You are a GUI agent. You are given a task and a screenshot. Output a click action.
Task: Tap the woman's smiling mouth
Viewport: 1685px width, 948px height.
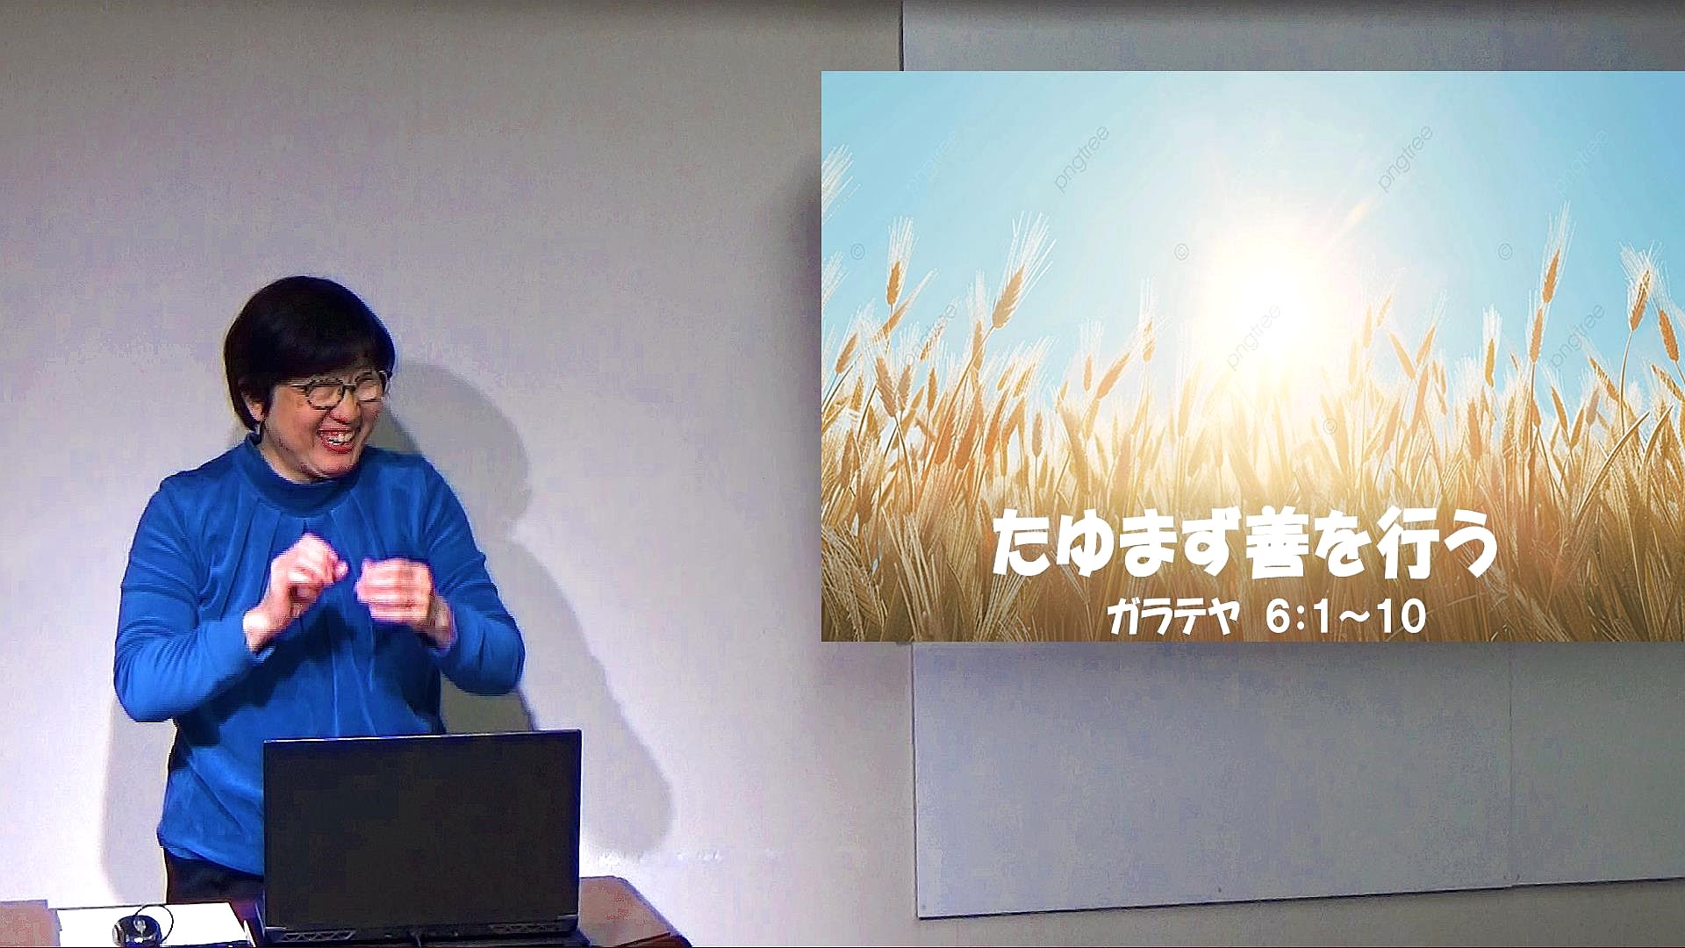click(x=337, y=436)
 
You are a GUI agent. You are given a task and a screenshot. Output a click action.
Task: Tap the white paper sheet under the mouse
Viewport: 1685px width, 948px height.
click(x=149, y=925)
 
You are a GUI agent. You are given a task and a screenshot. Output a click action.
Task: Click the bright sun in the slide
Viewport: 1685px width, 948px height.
click(x=1273, y=290)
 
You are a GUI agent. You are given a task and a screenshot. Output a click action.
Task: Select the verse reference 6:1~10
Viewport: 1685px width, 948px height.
click(x=1346, y=618)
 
